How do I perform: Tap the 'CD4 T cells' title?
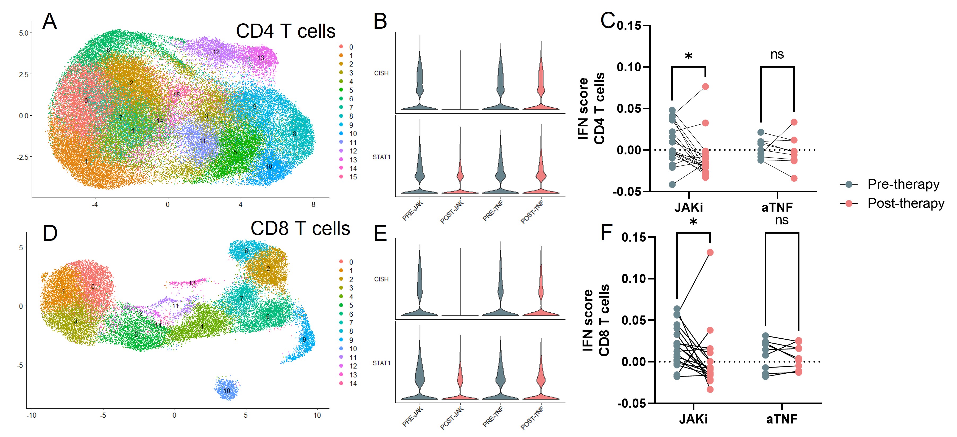(x=285, y=31)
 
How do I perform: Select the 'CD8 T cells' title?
(x=300, y=228)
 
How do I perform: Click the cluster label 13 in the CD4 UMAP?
(x=261, y=58)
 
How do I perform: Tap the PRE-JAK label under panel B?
(x=412, y=211)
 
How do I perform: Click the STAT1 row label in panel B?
(x=381, y=157)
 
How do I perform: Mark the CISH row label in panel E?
(x=381, y=279)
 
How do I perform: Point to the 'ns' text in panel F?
(x=782, y=220)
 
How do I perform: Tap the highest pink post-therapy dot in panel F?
(x=710, y=252)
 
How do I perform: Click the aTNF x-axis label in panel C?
(x=777, y=207)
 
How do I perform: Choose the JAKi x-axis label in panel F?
(x=693, y=419)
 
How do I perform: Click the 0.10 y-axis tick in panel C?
(x=629, y=67)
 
